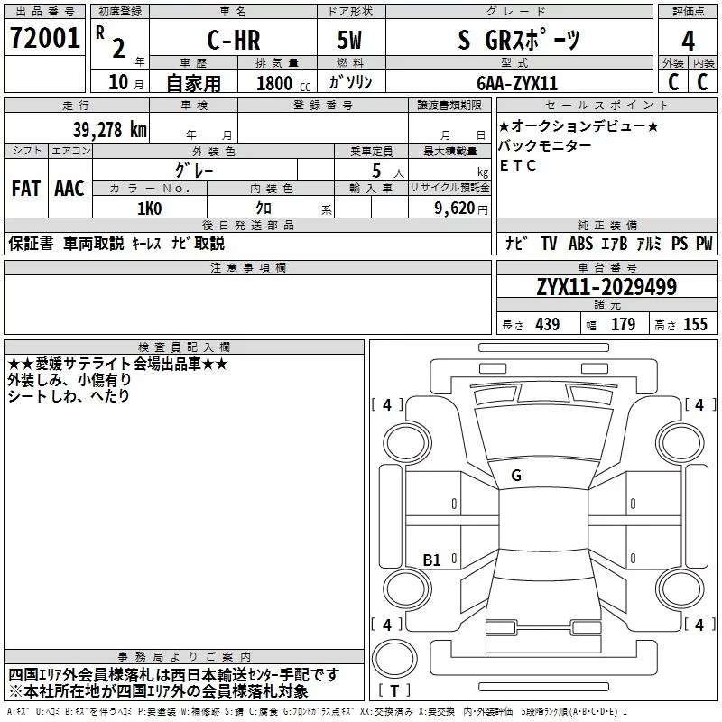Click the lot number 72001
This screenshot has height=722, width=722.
point(44,38)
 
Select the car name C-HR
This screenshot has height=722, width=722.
point(234,41)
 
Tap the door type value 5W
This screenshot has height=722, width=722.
point(349,40)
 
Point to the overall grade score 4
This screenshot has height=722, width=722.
point(688,42)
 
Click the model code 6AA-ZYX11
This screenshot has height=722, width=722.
point(517,83)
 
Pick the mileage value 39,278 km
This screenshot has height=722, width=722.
point(110,130)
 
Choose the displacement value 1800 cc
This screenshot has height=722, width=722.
point(282,83)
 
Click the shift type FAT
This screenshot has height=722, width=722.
point(26,189)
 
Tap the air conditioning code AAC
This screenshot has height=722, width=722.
point(69,189)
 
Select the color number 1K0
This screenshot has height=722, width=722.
point(150,208)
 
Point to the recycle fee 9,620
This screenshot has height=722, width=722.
point(455,208)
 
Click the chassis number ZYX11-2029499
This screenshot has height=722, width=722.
point(606,287)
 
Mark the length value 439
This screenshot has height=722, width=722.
point(548,324)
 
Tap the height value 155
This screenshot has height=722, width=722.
point(695,324)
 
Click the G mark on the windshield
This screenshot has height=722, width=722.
point(516,476)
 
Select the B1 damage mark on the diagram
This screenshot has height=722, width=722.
point(431,560)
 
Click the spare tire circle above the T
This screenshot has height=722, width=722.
point(394,659)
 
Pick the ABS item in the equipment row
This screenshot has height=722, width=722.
point(580,244)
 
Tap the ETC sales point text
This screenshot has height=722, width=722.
point(517,165)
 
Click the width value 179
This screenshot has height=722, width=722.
point(623,324)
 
